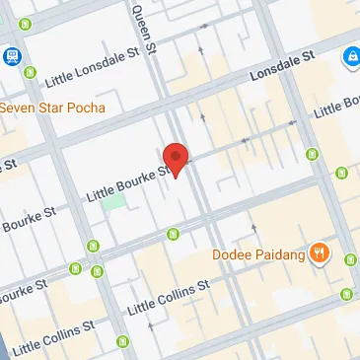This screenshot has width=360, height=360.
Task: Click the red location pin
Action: point(176,159)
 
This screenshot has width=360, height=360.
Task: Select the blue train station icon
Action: point(11,56)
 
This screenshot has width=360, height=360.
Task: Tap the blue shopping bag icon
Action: point(350,59)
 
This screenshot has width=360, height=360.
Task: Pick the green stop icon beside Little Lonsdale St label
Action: point(30,72)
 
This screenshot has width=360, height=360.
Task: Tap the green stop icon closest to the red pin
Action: point(174,234)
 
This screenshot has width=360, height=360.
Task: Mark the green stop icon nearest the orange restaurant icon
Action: point(350,259)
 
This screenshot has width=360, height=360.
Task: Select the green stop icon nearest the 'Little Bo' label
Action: point(313,155)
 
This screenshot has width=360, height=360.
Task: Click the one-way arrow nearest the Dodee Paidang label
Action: point(254,229)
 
